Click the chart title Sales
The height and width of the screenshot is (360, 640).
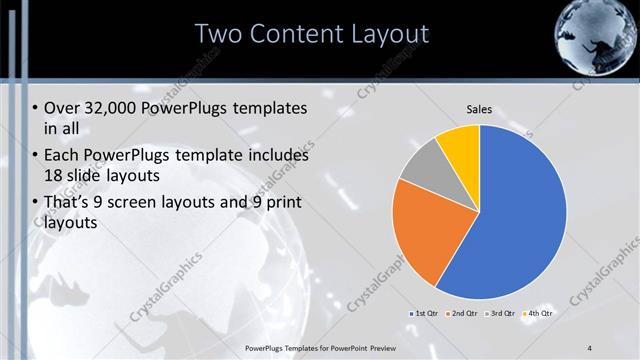click(480, 109)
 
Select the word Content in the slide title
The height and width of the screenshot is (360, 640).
click(290, 34)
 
